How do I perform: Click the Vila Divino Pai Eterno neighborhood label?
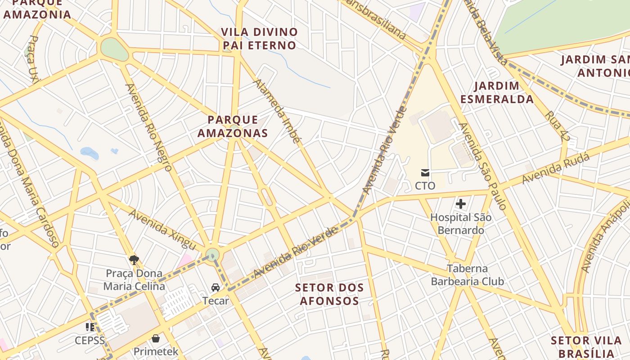[260, 39]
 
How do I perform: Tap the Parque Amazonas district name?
[233, 126]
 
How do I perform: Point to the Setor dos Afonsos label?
[329, 294]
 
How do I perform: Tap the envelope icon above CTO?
[425, 172]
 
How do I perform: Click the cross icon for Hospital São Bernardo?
[460, 204]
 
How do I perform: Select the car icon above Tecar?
[216, 287]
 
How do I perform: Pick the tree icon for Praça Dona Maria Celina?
[134, 259]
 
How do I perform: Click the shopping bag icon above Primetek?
[156, 338]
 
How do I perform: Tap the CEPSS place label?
[90, 340]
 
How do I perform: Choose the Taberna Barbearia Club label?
[467, 275]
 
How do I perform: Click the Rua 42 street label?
[557, 126]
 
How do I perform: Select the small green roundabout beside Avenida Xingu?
[212, 255]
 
